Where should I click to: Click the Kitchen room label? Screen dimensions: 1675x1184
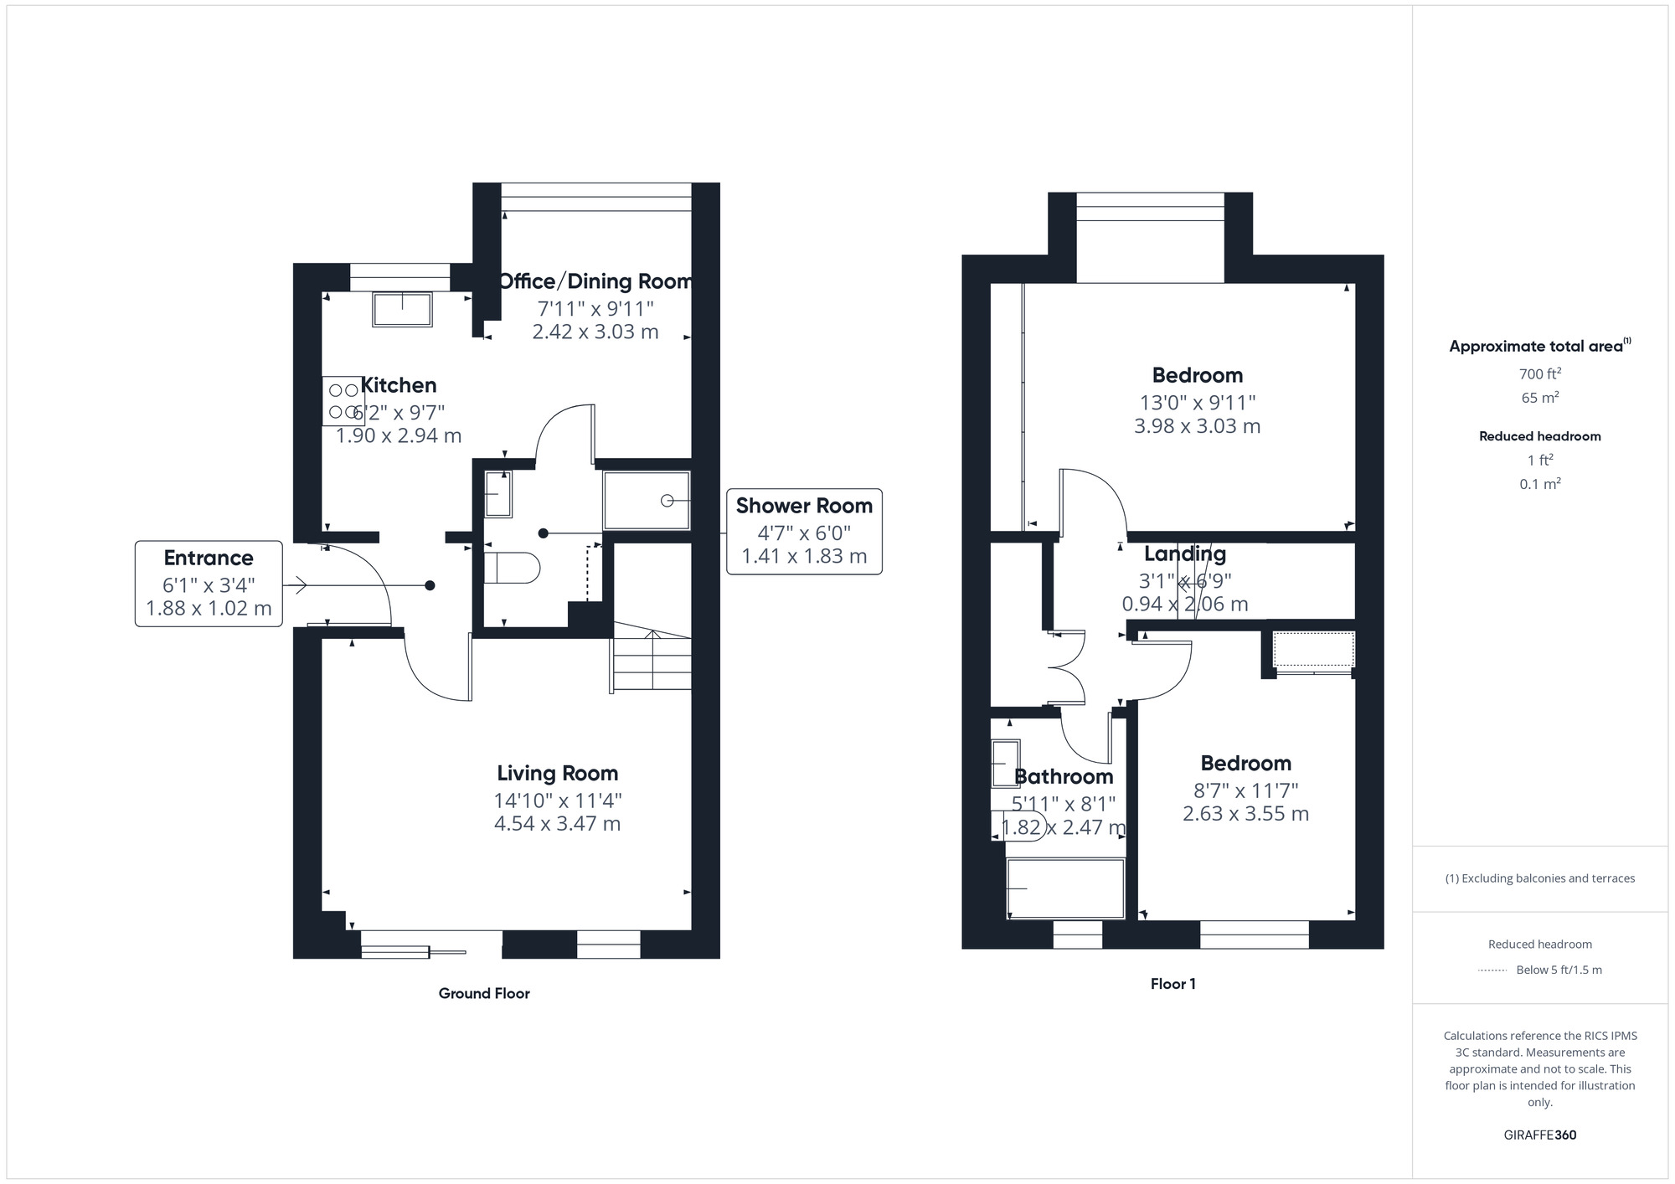[399, 385]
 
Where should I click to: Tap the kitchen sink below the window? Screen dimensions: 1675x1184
[402, 308]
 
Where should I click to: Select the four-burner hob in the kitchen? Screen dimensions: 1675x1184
[343, 401]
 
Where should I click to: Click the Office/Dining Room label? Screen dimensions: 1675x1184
[595, 281]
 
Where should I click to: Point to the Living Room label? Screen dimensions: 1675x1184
[558, 774]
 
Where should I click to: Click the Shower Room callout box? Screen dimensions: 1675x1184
[804, 531]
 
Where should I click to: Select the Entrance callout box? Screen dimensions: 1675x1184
[209, 584]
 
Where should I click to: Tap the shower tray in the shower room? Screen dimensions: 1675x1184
[647, 501]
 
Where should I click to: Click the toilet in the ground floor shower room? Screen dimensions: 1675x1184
[513, 568]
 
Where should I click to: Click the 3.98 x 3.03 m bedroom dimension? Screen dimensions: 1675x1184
[1197, 426]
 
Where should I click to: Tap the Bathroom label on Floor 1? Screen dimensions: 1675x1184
[1064, 777]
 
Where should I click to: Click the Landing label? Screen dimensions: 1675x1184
[1185, 553]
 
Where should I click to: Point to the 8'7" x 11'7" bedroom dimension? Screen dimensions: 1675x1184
[1245, 790]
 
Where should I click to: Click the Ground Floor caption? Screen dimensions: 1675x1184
[484, 993]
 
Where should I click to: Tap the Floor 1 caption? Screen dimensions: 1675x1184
[1172, 984]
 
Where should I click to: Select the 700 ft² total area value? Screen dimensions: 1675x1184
[1540, 373]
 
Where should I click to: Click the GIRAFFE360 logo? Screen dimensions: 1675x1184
[1540, 1135]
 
